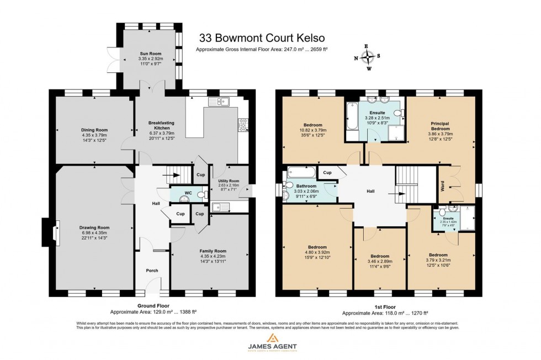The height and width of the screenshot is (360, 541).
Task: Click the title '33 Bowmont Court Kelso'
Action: pyautogui.click(x=262, y=38)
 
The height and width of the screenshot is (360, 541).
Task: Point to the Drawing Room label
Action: pyautogui.click(x=95, y=227)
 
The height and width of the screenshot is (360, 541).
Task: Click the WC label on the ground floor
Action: pyautogui.click(x=188, y=193)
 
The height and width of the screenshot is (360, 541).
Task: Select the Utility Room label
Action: pyautogui.click(x=228, y=181)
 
